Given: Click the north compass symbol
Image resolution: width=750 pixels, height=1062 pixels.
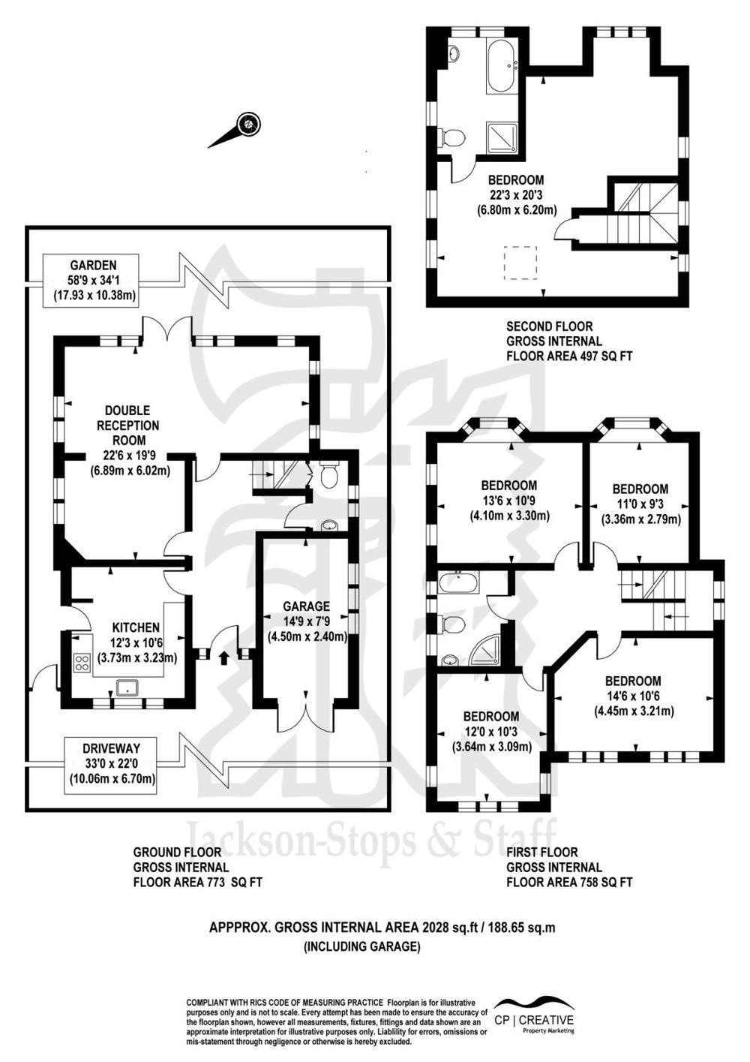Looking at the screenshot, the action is coord(248,124).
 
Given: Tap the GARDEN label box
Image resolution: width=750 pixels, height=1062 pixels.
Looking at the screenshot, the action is coord(93,280).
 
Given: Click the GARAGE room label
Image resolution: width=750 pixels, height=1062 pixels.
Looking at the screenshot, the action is coord(306,606).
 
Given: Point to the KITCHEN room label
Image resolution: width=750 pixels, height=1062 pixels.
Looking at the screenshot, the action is coord(136,627).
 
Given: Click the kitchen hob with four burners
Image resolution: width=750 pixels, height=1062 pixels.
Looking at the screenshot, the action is coord(81,663).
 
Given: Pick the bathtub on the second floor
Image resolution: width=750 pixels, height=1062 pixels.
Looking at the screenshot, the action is coord(500,66).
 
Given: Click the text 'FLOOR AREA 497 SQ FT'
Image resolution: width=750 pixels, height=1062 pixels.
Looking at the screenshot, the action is coord(568,357).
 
